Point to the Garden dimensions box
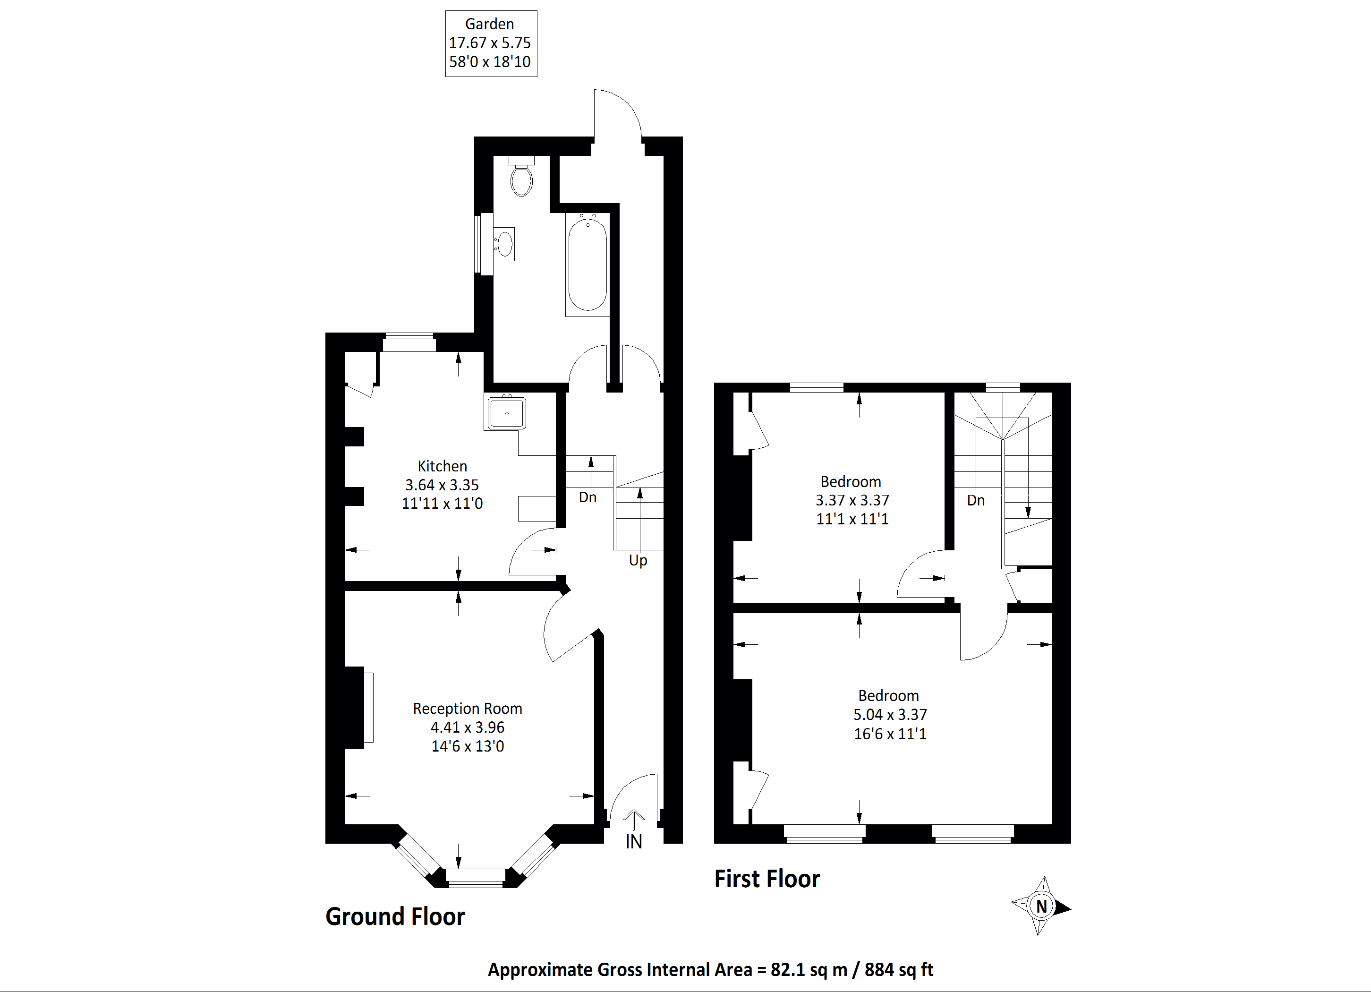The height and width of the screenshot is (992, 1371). tap(491, 43)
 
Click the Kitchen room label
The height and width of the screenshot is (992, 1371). tap(442, 466)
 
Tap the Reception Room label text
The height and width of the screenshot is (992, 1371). tap(467, 709)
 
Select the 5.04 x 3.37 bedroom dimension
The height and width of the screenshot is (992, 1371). tap(890, 715)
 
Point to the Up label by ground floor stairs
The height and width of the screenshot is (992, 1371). tap(638, 560)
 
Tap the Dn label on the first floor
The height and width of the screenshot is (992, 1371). tap(976, 501)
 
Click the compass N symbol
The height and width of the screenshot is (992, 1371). tap(1041, 906)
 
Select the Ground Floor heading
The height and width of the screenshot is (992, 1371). tap(395, 916)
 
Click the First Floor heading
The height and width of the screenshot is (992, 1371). tap(766, 879)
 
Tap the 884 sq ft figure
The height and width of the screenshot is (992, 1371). tap(898, 970)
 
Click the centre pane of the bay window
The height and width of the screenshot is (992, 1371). tap(475, 878)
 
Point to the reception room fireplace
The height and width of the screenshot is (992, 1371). tap(356, 707)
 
